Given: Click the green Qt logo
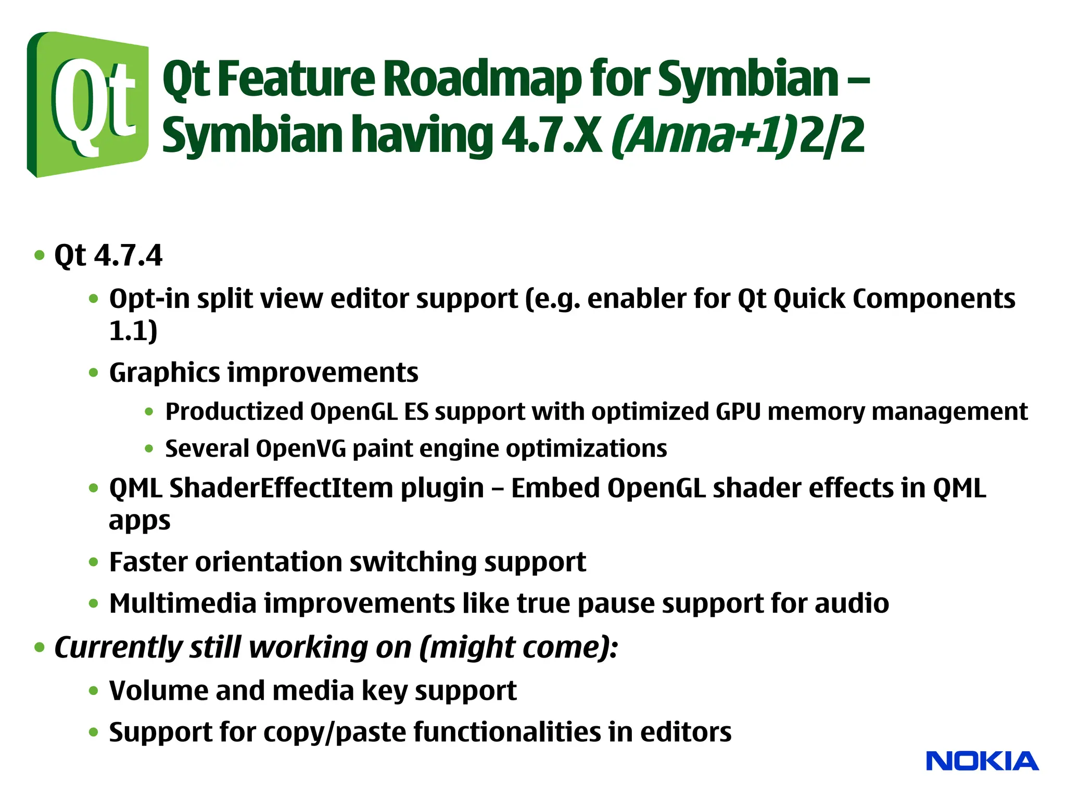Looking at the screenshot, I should coord(87,104).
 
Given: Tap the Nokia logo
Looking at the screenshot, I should coord(982,762).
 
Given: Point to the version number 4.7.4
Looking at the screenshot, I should coord(129,255).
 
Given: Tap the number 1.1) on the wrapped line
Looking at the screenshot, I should coord(133,331).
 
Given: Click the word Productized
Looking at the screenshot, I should coord(234,411).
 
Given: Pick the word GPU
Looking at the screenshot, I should coord(738,411).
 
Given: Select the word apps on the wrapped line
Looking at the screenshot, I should coord(139,521).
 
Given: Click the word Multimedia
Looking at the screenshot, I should coord(183,603).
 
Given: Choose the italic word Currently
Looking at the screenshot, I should coord(118,648).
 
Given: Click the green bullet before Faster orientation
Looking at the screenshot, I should coord(94,562).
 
